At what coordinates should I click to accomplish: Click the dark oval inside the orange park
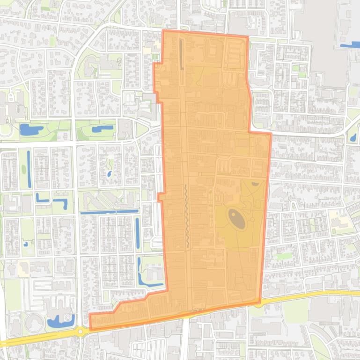(236, 219)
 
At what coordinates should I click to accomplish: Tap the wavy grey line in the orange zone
(186, 215)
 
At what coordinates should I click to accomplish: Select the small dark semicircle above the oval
(255, 184)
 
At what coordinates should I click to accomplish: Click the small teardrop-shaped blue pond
(109, 174)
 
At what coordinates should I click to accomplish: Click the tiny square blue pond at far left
(26, 244)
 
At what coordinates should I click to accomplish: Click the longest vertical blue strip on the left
(29, 169)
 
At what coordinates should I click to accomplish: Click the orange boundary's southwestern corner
(90, 329)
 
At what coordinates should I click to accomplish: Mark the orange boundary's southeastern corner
(259, 302)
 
